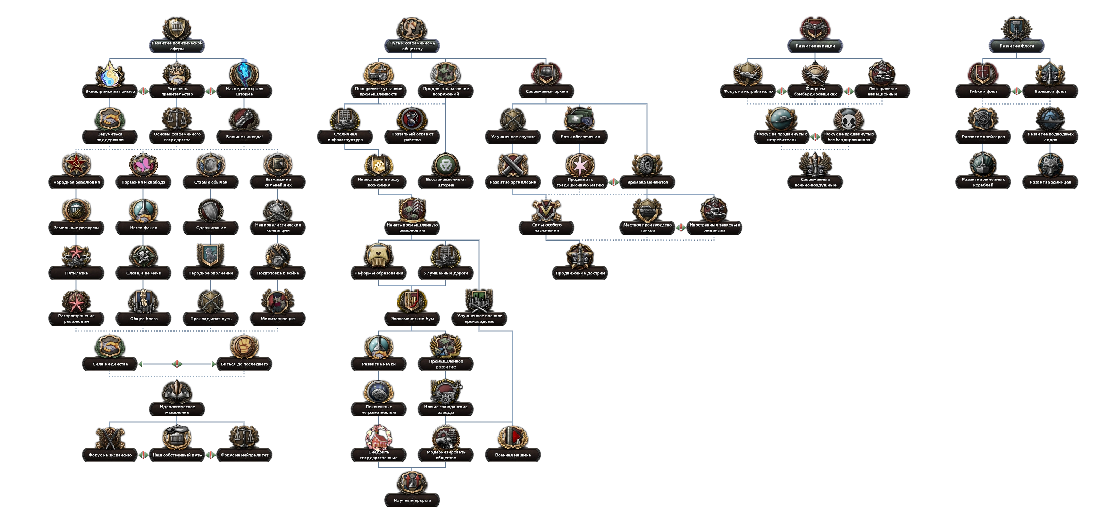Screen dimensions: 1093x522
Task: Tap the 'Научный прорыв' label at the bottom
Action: (412, 500)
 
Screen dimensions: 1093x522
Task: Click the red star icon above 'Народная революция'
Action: (76, 165)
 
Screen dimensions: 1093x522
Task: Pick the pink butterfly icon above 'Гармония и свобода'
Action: (143, 165)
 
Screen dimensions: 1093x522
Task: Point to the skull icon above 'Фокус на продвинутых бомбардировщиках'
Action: (848, 120)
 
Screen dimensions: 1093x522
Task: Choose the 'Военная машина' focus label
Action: (513, 455)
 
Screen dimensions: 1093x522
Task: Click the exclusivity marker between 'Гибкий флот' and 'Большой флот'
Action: (1017, 91)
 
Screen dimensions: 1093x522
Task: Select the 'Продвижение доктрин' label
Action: (580, 273)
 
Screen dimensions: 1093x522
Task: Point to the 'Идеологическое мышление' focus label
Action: (177, 409)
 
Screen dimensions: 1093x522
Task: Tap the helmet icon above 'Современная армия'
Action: (546, 74)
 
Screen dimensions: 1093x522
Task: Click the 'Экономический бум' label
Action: (412, 319)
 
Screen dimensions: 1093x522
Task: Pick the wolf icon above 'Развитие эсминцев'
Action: (1050, 165)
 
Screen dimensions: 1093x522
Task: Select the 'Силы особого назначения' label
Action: (546, 228)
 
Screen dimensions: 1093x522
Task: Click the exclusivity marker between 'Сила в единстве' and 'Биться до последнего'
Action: (177, 364)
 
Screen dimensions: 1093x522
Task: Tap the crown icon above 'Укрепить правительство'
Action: (177, 73)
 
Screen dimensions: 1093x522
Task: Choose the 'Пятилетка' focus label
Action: (76, 273)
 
